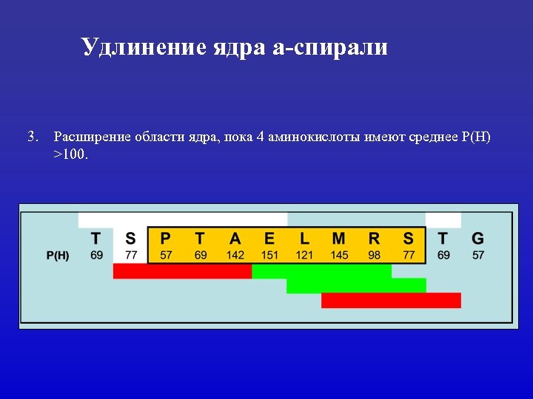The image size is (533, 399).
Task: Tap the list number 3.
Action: click(32, 137)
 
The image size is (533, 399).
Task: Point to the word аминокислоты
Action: click(315, 137)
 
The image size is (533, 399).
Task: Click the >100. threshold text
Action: click(70, 155)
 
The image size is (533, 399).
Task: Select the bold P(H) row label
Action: click(58, 255)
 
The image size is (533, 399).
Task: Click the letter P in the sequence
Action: click(165, 238)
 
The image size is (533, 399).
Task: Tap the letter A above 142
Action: click(235, 238)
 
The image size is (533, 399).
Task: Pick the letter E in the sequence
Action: click(269, 238)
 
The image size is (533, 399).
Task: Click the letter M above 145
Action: click(338, 238)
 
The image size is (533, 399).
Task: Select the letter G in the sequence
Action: click(477, 238)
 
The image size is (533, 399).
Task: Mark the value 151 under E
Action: click(269, 255)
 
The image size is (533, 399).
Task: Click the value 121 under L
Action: click(304, 255)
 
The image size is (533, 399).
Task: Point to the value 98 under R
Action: click(374, 255)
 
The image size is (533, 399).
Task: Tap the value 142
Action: click(235, 255)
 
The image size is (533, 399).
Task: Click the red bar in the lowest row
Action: click(391, 300)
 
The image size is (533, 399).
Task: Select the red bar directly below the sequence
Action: click(182, 271)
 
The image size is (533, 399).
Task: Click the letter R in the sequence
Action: click(374, 238)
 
